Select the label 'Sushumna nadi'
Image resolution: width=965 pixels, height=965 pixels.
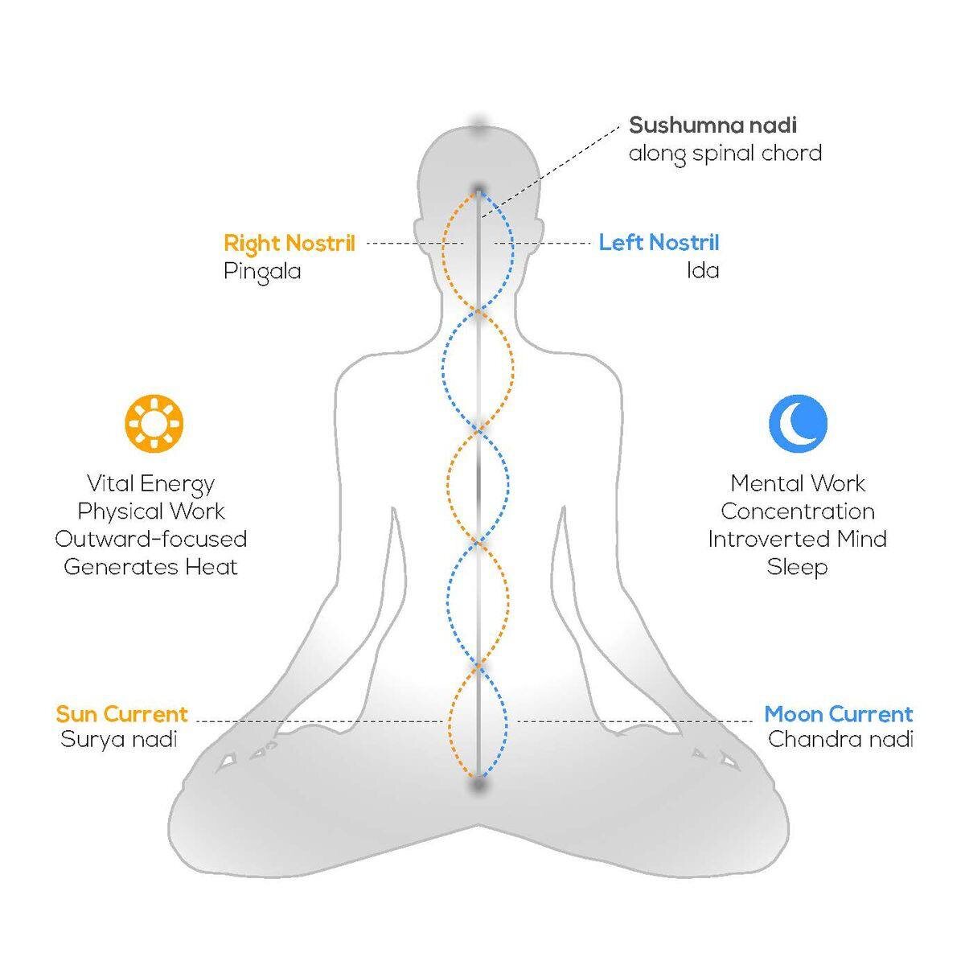pos(712,125)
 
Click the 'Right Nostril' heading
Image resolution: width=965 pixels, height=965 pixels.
pos(289,243)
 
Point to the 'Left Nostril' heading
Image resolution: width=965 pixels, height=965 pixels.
pos(659,243)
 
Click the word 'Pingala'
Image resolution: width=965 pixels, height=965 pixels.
pos(262,271)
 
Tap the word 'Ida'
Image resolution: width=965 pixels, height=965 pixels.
pos(702,270)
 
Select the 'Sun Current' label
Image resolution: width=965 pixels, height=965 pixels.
pos(121,714)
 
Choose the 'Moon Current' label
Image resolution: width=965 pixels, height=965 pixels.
pos(838,714)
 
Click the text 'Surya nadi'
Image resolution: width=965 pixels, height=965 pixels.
pos(119,739)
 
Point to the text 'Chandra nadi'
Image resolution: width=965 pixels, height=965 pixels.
pos(840,739)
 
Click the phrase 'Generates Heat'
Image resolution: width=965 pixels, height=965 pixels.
pos(150,567)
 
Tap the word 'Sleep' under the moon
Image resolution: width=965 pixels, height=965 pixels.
pos(797,568)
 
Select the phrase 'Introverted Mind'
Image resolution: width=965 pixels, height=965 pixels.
pos(797,539)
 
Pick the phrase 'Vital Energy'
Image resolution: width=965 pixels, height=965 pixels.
pos(150,484)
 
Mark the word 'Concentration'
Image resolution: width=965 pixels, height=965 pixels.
pos(797,511)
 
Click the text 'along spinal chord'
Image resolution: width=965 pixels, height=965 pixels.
pos(725,153)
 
